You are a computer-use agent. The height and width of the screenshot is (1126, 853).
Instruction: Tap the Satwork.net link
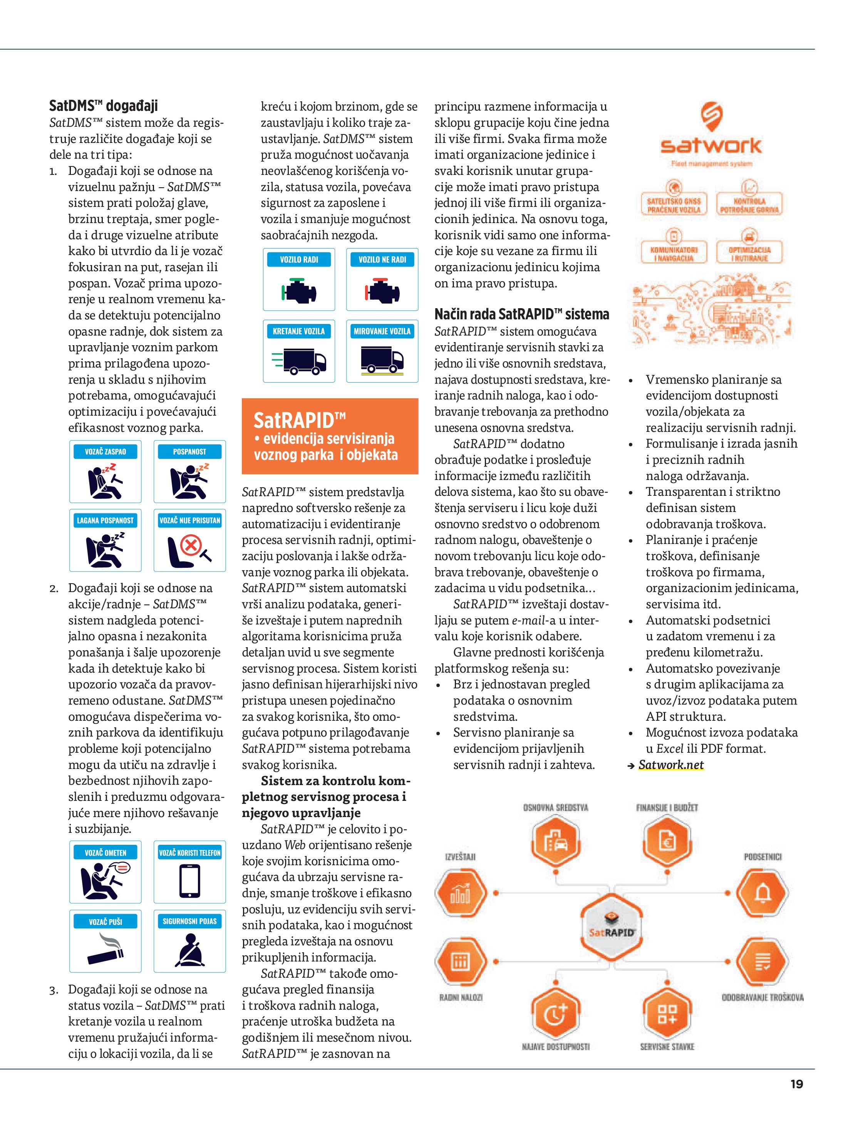pyautogui.click(x=671, y=765)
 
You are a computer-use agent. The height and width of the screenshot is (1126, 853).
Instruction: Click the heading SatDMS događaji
pyautogui.click(x=103, y=106)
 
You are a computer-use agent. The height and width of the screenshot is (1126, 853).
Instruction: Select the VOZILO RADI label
pyautogui.click(x=299, y=260)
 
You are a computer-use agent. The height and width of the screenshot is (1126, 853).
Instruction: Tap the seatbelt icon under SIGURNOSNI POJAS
pyautogui.click(x=190, y=951)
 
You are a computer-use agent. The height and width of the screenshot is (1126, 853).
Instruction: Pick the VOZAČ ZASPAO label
pyautogui.click(x=106, y=451)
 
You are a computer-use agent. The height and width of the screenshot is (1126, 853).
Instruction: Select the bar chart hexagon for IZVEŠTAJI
pyautogui.click(x=460, y=893)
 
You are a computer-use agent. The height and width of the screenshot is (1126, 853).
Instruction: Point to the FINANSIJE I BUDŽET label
pyautogui.click(x=667, y=808)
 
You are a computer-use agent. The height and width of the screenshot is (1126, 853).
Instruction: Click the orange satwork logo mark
pyautogui.click(x=711, y=117)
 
